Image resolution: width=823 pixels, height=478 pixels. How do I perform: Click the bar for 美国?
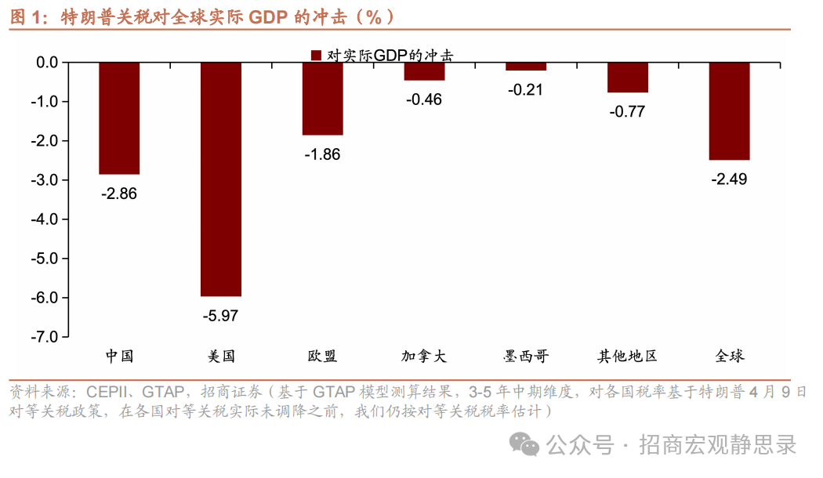pyautogui.click(x=221, y=179)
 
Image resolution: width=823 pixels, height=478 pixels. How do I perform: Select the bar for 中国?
pyautogui.click(x=119, y=118)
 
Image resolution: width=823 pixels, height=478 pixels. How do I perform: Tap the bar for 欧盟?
pyautogui.click(x=322, y=98)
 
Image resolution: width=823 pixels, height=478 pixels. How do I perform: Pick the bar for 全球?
pyautogui.click(x=729, y=110)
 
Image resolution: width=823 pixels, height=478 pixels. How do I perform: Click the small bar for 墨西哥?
pyautogui.click(x=526, y=67)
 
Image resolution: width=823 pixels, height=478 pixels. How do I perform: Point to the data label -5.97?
pyautogui.click(x=220, y=317)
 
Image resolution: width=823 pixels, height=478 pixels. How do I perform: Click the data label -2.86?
pyautogui.click(x=119, y=194)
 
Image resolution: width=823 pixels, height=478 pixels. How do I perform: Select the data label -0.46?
pyautogui.click(x=424, y=100)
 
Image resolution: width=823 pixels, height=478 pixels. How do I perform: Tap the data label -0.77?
pyautogui.click(x=627, y=112)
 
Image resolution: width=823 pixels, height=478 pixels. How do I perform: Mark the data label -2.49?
pyautogui.click(x=729, y=179)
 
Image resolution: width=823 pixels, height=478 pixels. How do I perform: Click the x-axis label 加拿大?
pyautogui.click(x=424, y=357)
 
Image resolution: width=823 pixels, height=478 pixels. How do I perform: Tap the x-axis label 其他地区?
pyautogui.click(x=627, y=357)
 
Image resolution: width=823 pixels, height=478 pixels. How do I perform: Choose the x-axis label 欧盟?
pyautogui.click(x=322, y=357)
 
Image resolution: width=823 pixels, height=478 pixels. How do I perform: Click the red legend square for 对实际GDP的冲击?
pyautogui.click(x=316, y=55)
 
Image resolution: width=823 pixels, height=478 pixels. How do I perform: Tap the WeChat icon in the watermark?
pyautogui.click(x=524, y=444)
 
